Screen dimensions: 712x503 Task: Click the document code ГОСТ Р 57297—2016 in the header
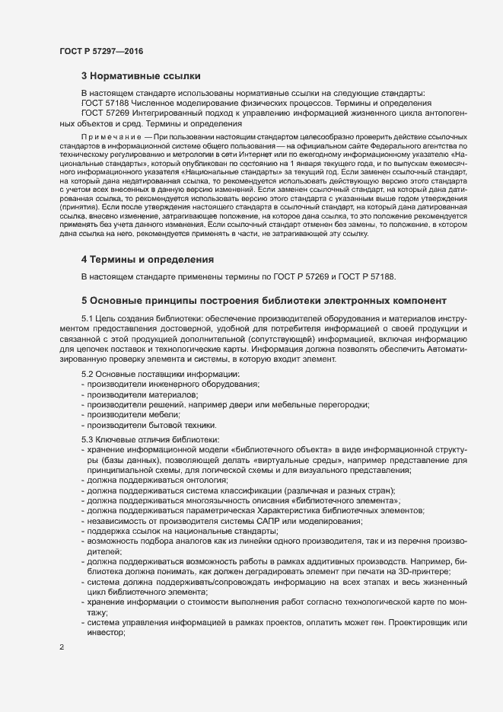[100, 51]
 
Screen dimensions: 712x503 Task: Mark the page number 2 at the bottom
[62, 647]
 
